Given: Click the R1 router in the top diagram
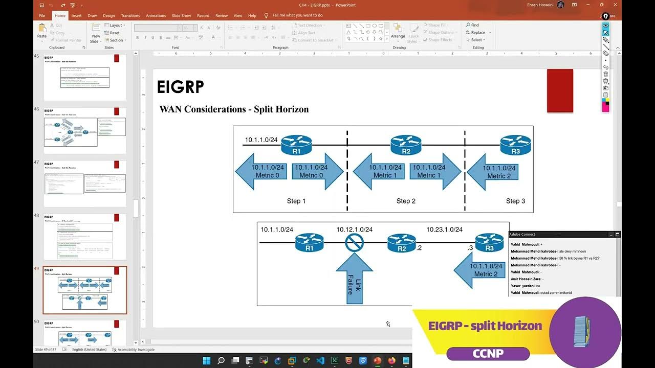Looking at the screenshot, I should point(296,145).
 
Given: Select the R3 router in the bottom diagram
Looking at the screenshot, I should point(489,242).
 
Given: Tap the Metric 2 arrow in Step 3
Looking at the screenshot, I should point(492,172).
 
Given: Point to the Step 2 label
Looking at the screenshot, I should point(406,201).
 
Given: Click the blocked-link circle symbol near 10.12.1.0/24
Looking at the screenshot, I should point(354,242).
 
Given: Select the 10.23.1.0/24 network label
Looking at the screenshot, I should point(444,229).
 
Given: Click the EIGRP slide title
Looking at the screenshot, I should point(180,87).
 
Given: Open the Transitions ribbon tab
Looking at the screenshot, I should point(130,16).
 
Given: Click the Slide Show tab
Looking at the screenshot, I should point(181,16).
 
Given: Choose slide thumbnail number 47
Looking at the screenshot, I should point(85,183).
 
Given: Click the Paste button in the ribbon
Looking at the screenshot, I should point(42,32).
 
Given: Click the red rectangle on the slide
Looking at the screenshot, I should point(560,90).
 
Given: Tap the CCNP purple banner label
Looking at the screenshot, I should point(488,353).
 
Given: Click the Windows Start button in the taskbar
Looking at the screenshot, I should point(207,361).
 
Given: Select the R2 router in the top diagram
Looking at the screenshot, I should point(406,145).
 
